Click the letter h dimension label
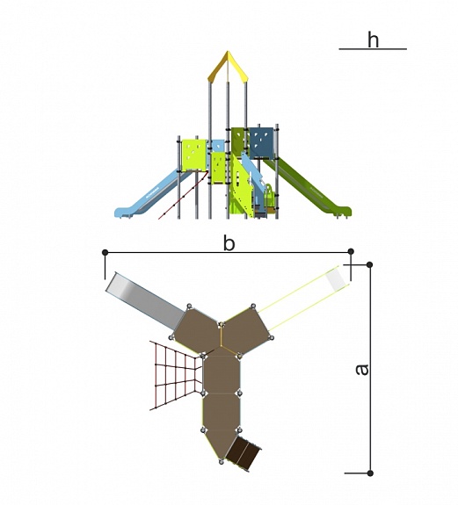373,40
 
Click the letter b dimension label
229,243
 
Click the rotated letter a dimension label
361,370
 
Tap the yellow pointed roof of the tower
228,66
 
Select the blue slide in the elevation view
149,197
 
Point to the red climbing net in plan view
177,375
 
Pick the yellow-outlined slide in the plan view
303,298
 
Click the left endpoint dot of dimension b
105,252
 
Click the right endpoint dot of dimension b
351,251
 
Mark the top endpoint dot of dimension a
370,264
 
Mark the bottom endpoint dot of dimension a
370,473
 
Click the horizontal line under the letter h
373,49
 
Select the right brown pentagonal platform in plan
246,329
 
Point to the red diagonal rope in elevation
183,195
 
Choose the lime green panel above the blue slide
193,155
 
